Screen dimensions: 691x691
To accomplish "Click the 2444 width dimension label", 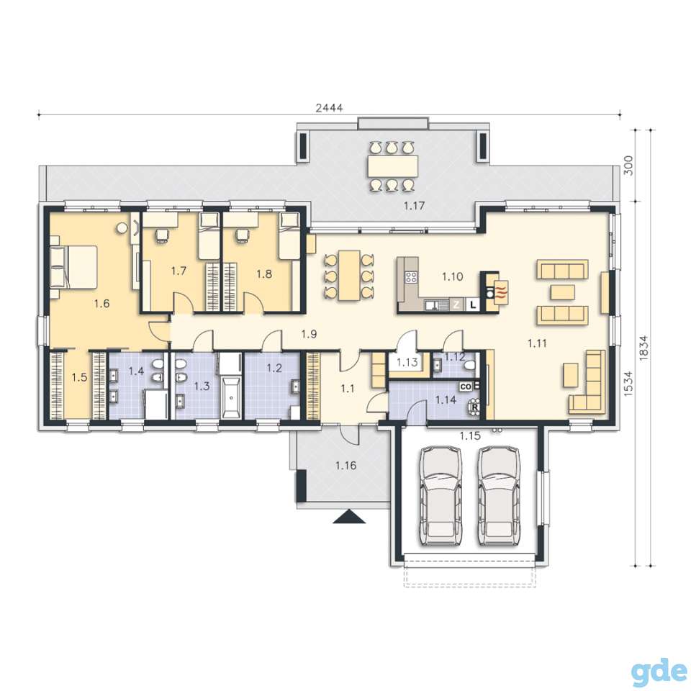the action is point(329,107).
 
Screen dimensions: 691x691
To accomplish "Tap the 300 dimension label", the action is point(628,166).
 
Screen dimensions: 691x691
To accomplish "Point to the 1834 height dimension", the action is point(643,348).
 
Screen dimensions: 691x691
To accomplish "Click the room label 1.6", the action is point(101,303).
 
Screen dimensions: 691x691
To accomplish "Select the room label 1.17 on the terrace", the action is point(415,205).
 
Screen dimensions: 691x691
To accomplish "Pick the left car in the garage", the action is point(441,495).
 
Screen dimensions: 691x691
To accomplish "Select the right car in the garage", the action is point(500,495).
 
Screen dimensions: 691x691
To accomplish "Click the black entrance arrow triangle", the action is point(349,517).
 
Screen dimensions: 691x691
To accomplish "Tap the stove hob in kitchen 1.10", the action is point(412,277).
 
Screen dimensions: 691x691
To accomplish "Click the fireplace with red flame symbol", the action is point(501,292).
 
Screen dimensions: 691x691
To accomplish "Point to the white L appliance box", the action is point(474,304).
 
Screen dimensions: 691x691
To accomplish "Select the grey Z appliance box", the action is point(456,304).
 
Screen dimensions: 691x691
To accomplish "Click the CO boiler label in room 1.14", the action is point(466,387).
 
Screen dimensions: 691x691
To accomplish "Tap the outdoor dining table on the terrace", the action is point(393,166).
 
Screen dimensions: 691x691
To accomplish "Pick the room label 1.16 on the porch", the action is point(345,466).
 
